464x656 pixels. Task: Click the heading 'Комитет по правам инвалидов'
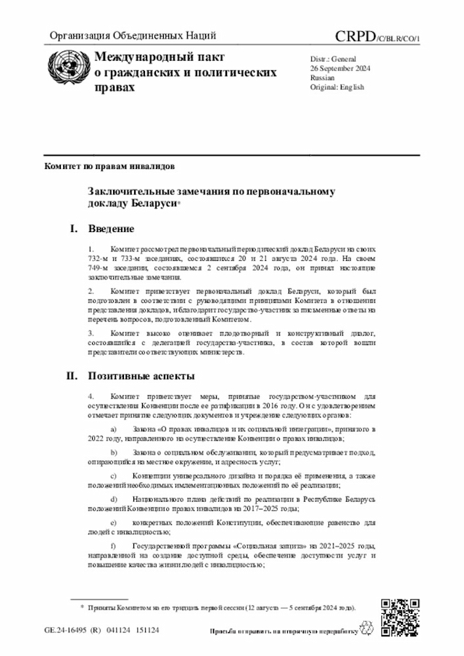click(109, 165)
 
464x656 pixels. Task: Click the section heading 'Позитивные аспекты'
click(141, 376)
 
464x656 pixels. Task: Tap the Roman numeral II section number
click(72, 376)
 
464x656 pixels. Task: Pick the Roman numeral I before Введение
click(73, 230)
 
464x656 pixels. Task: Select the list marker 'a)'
click(113, 430)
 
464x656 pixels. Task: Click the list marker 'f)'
click(113, 544)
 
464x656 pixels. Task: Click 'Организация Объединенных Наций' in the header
click(133, 36)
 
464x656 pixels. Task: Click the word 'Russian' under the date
click(323, 77)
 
